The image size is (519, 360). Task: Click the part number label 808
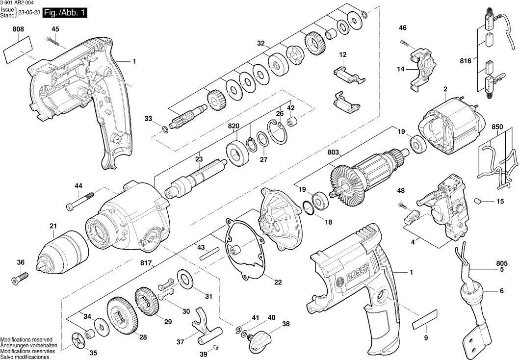(19, 30)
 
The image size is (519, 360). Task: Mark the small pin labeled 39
(215, 348)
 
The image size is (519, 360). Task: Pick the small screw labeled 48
(401, 204)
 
